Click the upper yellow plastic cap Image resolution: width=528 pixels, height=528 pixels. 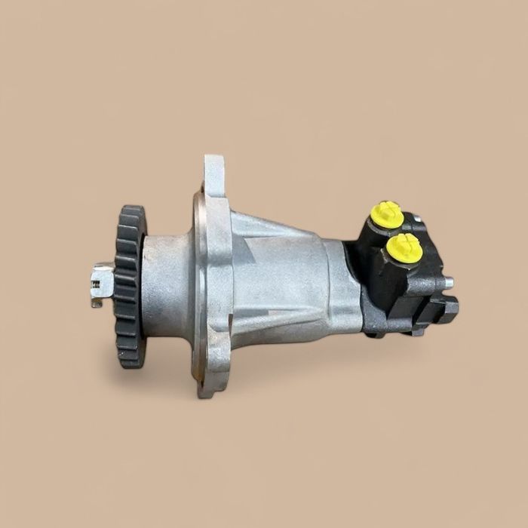[x=386, y=212]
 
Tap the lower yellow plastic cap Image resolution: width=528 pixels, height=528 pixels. [x=404, y=246]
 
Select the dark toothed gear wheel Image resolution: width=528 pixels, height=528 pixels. [x=130, y=287]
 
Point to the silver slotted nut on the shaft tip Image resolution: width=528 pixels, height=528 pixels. [x=103, y=281]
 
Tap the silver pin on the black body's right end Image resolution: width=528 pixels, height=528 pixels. [x=449, y=283]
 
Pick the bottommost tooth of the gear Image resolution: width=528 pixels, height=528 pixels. [x=133, y=364]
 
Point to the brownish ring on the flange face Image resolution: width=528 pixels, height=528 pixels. [x=198, y=287]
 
